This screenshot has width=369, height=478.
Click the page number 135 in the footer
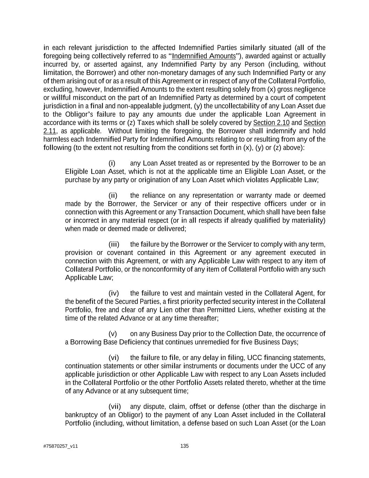coord(184,446)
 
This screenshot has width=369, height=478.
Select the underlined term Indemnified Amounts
coord(204,56)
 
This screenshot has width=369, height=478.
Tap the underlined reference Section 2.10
coord(271,123)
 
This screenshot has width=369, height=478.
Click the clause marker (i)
coord(112,163)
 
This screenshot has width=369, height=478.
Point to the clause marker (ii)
coord(113,195)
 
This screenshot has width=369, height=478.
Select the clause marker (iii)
coord(114,244)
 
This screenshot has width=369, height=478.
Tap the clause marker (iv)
coord(114,293)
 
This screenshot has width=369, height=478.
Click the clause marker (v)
coord(113,333)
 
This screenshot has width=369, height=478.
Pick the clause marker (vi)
coord(114,358)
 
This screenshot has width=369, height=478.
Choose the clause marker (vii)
coord(115,407)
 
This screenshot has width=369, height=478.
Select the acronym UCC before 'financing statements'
coord(255,358)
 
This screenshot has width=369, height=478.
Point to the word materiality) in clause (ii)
coord(308,220)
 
